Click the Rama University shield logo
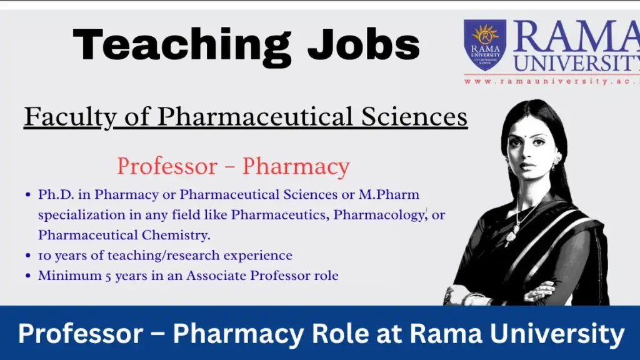pyautogui.click(x=484, y=44)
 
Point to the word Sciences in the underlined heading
pyautogui.click(x=416, y=117)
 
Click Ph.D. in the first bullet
pyautogui.click(x=55, y=195)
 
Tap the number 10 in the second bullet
pyautogui.click(x=44, y=256)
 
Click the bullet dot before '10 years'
pyautogui.click(x=29, y=256)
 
